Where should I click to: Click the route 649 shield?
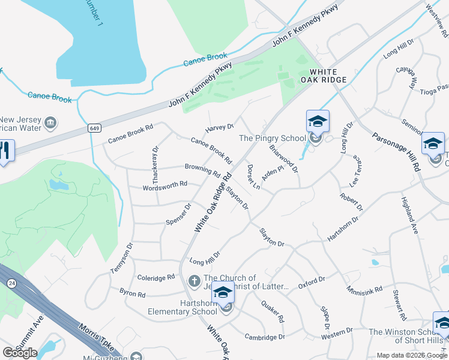point(93,128)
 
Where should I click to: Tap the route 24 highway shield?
point(11,282)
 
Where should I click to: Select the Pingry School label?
point(273,138)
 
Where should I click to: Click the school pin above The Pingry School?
point(318,123)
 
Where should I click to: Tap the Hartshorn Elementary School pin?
point(223,294)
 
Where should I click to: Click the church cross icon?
point(194,280)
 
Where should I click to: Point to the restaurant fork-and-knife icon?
point(5,151)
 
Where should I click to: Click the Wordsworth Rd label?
point(165,186)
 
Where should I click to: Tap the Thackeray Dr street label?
point(154,158)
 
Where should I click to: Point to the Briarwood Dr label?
point(284,157)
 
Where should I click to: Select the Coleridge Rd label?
point(155,277)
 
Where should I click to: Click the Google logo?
point(20,353)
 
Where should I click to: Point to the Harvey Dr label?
point(219,127)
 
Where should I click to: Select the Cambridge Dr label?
point(265,337)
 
